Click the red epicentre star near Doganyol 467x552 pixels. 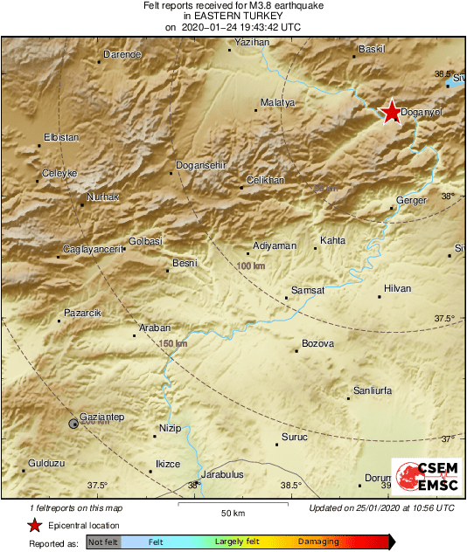(392, 112)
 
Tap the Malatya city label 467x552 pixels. (279, 102)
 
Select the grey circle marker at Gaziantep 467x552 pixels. (73, 424)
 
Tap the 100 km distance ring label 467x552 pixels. (251, 265)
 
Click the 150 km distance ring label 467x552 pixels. (173, 343)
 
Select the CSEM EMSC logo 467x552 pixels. (422, 480)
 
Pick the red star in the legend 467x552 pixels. (34, 525)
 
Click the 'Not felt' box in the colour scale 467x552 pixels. (103, 542)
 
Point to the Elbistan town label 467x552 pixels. (62, 137)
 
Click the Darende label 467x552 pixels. (122, 54)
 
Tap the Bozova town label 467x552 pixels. (317, 343)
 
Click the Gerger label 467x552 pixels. (411, 200)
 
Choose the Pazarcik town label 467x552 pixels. (82, 313)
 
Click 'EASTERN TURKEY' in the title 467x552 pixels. (232, 17)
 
